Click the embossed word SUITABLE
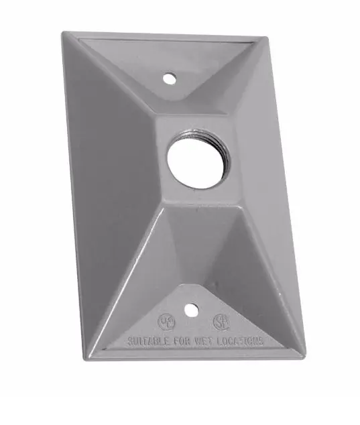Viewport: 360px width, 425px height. click(148, 340)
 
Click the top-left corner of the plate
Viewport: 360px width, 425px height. click(66, 33)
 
